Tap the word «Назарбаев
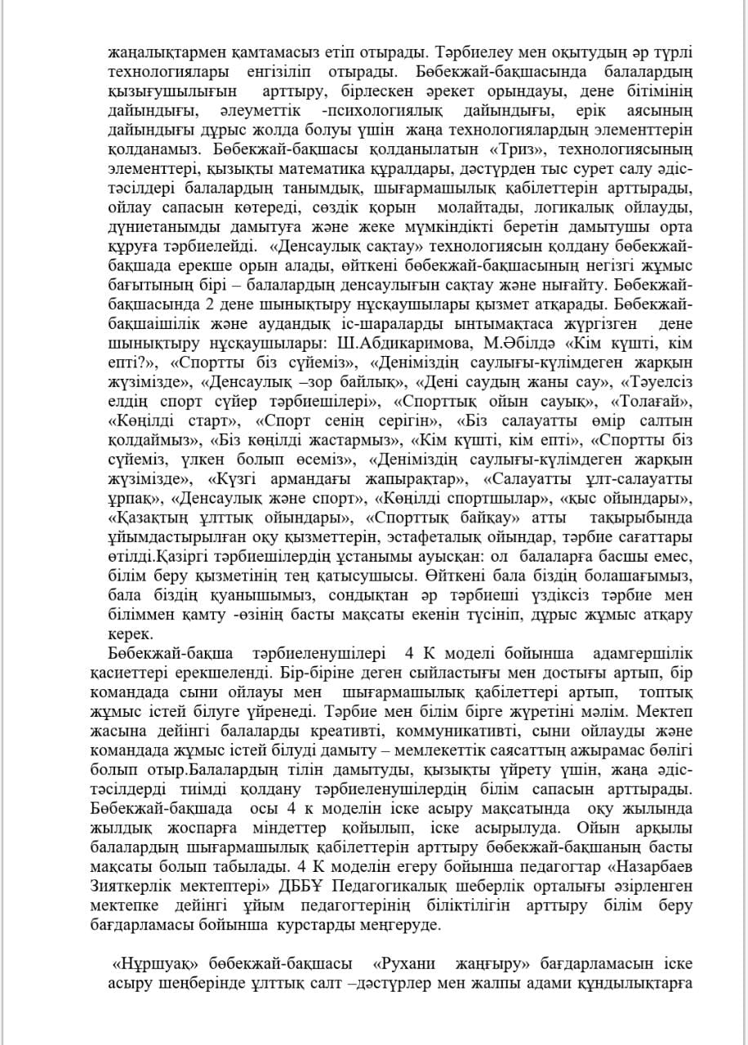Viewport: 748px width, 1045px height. coord(642,867)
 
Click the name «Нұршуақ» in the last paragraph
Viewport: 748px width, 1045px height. coord(147,963)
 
